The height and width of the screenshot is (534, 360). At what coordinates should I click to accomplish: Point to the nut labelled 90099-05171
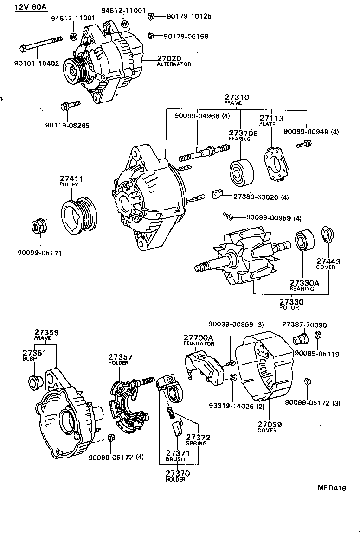[39, 226]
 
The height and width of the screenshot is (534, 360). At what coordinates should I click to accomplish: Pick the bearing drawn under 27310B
[241, 172]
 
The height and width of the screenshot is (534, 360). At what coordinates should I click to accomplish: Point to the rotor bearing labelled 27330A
[304, 240]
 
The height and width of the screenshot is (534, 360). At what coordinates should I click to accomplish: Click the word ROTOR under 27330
[289, 308]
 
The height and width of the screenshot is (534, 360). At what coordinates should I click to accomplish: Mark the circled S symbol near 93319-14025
[233, 377]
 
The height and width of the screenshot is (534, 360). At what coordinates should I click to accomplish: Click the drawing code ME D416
[331, 488]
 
